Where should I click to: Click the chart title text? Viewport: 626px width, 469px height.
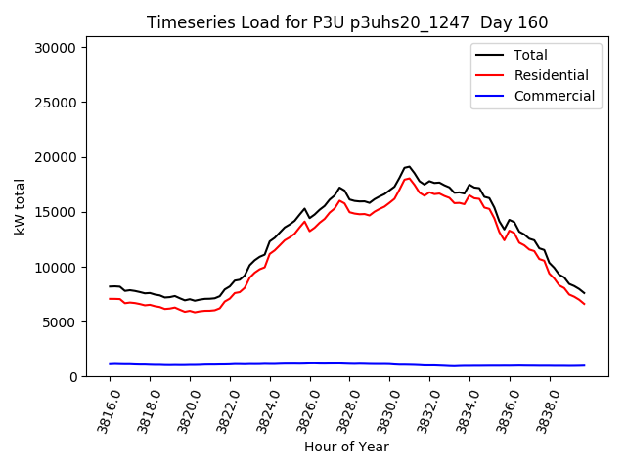[347, 22]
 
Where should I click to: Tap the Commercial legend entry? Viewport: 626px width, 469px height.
[554, 96]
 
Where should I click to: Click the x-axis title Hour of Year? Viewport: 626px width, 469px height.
[346, 447]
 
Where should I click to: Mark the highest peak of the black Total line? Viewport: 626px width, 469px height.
[409, 167]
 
